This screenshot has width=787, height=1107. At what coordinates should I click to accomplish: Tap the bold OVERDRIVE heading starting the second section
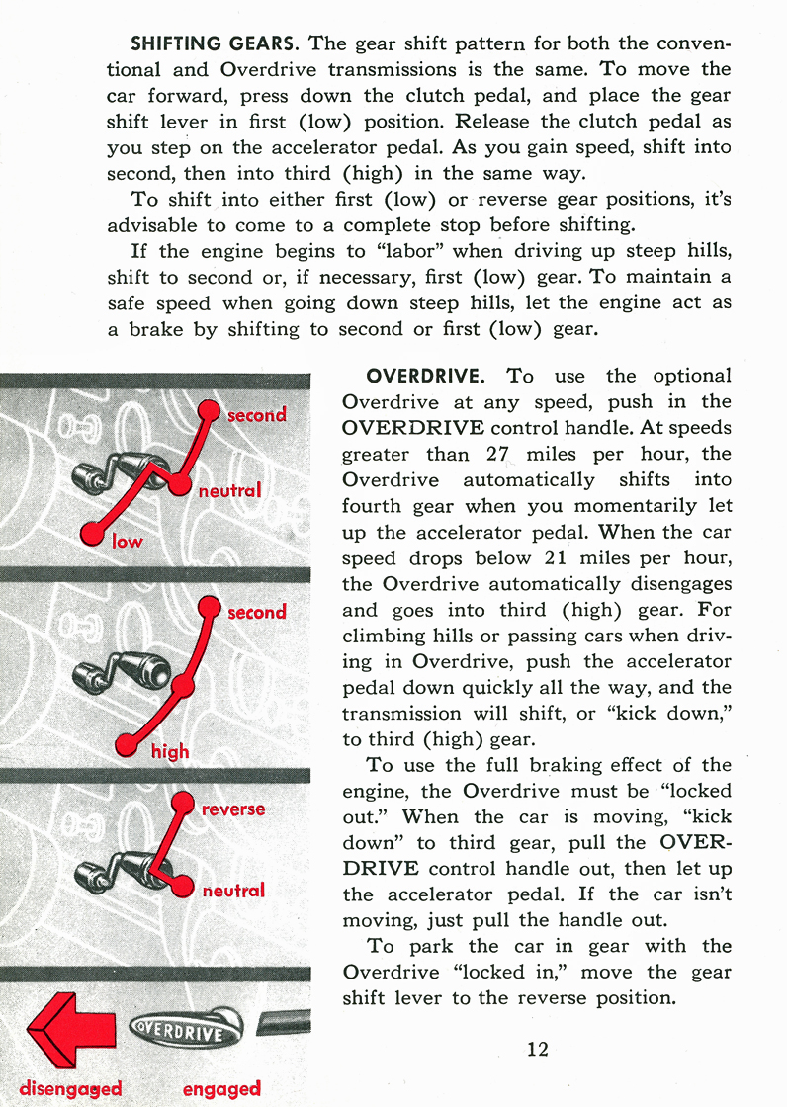[x=425, y=377]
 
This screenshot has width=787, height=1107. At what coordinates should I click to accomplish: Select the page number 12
[x=538, y=1049]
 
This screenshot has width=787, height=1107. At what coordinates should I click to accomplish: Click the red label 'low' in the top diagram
[x=127, y=541]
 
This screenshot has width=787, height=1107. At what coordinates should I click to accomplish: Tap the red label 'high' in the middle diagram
[x=170, y=751]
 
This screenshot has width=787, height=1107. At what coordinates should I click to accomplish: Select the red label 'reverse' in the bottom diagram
[x=233, y=809]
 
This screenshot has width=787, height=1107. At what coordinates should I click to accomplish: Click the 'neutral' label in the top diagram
[x=229, y=490]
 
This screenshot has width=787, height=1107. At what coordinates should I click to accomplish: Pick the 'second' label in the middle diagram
[x=256, y=612]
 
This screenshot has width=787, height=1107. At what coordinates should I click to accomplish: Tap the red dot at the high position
[x=127, y=745]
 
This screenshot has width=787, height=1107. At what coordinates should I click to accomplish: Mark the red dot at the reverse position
[x=183, y=805]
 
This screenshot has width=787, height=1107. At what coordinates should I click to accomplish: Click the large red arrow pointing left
[x=61, y=1035]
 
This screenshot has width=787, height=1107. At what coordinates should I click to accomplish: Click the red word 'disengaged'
[x=70, y=1088]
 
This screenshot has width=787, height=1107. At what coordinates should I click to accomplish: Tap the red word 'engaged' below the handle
[x=221, y=1088]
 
